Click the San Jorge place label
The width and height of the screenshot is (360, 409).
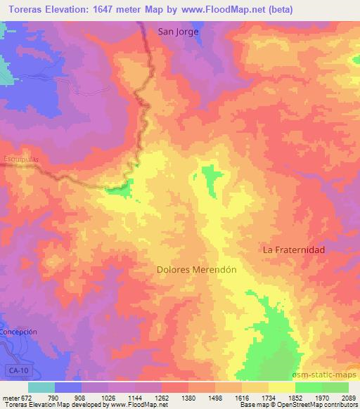click(178, 32)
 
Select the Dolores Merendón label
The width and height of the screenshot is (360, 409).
click(195, 268)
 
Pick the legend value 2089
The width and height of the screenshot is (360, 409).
click(347, 398)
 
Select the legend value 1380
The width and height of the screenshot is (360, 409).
click(188, 398)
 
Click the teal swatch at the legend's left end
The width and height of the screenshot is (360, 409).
click(41, 387)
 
